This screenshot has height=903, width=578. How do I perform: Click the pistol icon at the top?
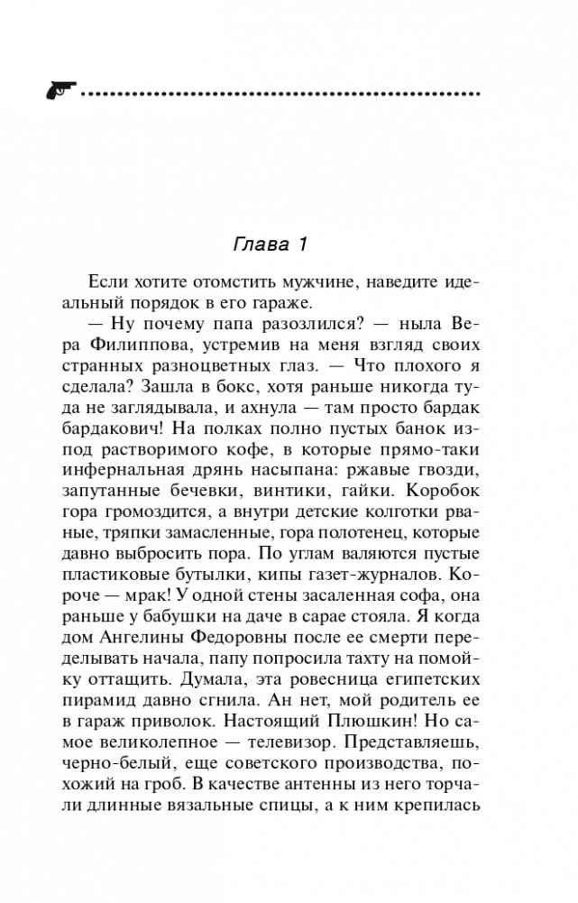tap(59, 91)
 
